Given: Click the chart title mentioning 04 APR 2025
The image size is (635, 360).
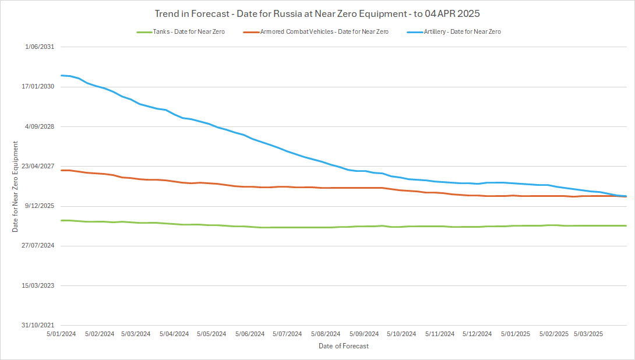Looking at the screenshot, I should point(317,13).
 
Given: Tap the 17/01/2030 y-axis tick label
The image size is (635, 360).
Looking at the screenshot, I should point(38,87).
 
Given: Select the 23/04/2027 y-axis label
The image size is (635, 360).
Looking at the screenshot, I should point(38,166).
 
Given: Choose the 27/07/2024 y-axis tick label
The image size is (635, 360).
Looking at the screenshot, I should point(38,245).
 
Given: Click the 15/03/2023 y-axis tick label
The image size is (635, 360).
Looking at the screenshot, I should point(38,285).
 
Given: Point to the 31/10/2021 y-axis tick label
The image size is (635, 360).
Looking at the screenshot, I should point(38,325).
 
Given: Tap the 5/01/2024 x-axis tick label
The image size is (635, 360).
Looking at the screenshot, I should point(61,334).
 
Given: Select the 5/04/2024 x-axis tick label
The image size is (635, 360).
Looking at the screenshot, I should point(174,334).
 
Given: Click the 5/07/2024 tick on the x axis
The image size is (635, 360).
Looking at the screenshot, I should point(287,334).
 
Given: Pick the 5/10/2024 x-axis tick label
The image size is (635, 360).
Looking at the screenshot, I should point(401,334).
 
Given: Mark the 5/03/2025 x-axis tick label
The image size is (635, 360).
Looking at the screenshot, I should point(589,334).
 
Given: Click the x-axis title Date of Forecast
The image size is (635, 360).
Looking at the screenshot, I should point(344,346).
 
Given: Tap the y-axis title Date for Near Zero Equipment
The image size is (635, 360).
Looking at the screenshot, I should point(16,186).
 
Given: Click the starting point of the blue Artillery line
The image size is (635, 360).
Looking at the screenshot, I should point(61,75).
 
